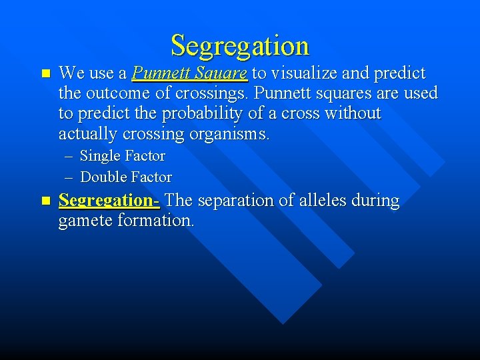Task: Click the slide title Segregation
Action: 240,45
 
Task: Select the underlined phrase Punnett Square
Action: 190,73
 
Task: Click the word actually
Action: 88,134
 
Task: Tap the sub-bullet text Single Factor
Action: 123,156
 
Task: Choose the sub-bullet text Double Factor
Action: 126,177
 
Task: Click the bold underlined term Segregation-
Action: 109,201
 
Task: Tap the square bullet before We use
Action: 45,73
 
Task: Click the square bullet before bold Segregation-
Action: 45,201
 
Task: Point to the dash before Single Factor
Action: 70,157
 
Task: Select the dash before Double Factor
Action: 70,178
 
